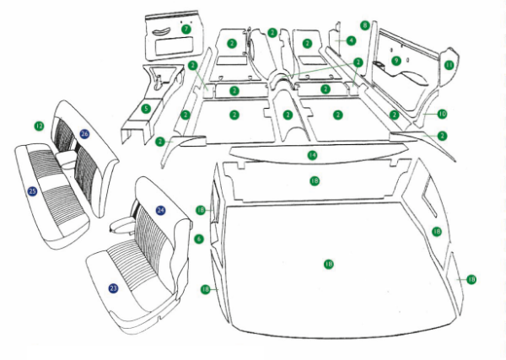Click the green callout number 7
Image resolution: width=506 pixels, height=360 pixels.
pos(186,29)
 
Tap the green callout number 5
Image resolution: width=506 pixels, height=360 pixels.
pos(146,108)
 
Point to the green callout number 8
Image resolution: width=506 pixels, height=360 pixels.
pos(364,25)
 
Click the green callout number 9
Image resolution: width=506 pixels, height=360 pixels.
pos(396,61)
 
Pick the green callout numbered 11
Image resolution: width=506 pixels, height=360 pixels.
pos(449,64)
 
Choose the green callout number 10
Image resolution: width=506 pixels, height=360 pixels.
pos(442,113)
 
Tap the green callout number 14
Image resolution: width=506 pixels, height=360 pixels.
pos(312,155)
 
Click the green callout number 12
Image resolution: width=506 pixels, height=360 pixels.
pos(39,126)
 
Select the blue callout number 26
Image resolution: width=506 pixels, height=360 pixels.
pos(84,133)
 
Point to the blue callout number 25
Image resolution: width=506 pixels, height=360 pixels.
pos(32,191)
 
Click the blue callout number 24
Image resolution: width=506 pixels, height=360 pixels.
pos(160,209)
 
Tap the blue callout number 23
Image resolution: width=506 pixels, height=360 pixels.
pos(113,287)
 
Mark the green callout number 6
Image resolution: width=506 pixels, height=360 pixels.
pos(199,239)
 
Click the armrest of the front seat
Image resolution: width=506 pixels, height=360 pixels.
pos(123,223)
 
